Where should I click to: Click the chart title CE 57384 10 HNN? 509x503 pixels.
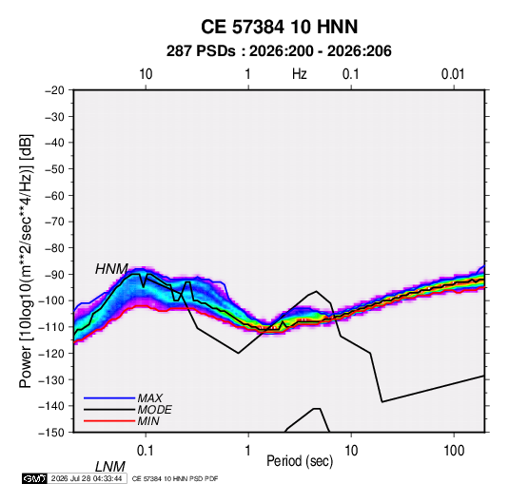279,27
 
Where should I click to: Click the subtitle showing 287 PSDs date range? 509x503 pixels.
279,51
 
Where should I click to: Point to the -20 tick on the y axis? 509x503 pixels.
54,90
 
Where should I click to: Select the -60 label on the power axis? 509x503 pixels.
54,196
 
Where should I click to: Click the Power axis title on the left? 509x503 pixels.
26,261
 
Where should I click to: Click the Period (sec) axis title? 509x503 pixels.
300,461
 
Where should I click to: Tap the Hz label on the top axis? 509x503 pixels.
300,74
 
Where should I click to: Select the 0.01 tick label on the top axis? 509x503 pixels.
453,74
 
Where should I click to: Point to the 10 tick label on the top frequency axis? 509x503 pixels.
146,74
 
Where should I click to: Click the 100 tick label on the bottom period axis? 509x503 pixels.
454,451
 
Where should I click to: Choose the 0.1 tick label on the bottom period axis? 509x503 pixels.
146,451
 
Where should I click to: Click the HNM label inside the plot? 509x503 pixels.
111,269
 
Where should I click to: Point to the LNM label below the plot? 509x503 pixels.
109,467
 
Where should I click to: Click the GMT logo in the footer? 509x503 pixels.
35,478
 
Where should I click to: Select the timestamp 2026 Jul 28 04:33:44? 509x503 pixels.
87,478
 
